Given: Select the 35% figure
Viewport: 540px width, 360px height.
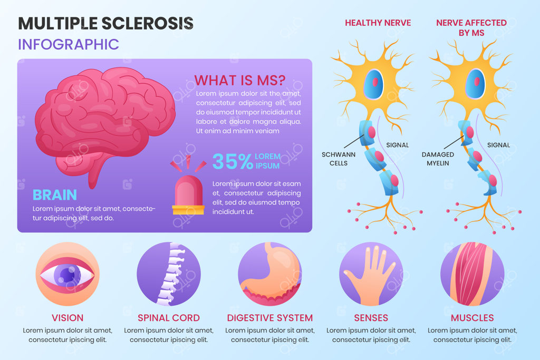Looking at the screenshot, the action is (x=233, y=161).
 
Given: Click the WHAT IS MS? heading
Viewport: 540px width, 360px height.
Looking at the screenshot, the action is (x=240, y=80).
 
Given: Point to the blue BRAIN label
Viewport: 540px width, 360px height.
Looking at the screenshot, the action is (x=55, y=195).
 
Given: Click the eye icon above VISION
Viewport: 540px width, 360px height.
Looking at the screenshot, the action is (x=67, y=274).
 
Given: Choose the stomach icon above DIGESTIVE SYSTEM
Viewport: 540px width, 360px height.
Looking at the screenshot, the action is (x=270, y=274).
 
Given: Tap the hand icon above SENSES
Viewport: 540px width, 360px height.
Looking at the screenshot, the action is (x=371, y=274).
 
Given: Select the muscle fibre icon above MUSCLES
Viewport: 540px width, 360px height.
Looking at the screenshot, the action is (x=472, y=274).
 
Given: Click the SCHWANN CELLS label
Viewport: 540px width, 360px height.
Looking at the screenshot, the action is (x=339, y=159).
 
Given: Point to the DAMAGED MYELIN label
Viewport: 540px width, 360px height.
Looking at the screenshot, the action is (x=438, y=159).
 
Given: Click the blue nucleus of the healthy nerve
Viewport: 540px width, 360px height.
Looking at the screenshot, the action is (x=374, y=84).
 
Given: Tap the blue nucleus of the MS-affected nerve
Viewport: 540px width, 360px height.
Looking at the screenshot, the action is (x=475, y=84).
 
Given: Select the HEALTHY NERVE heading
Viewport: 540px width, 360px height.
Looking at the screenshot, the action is (x=378, y=23).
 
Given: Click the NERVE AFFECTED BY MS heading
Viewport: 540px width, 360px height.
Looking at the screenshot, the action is (x=471, y=27).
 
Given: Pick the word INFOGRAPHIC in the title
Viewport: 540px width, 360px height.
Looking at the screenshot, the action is (x=69, y=44).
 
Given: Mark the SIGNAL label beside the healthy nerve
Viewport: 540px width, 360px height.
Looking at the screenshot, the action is (x=398, y=145).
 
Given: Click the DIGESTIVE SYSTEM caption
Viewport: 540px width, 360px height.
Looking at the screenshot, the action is (x=270, y=318).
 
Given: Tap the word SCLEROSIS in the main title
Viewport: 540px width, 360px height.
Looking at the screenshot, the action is (x=148, y=23).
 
